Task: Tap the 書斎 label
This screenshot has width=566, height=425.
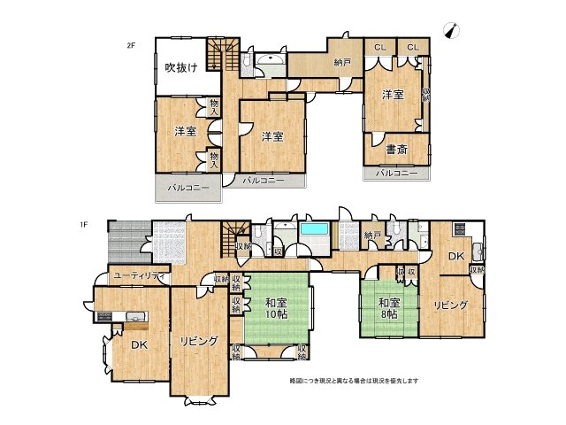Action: coord(396,150)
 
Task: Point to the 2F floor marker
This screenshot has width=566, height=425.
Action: coord(130,44)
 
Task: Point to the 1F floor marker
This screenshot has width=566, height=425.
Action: coord(82,224)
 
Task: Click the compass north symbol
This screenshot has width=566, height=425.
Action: coord(455,32)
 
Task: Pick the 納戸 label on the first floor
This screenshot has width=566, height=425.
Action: coord(372,235)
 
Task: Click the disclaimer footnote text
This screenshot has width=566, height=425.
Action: coord(354,381)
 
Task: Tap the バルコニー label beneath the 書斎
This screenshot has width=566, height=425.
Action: coord(396,173)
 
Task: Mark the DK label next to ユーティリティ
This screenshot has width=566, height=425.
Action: coord(139,345)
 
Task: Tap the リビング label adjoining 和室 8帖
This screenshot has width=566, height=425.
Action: coord(450,305)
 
